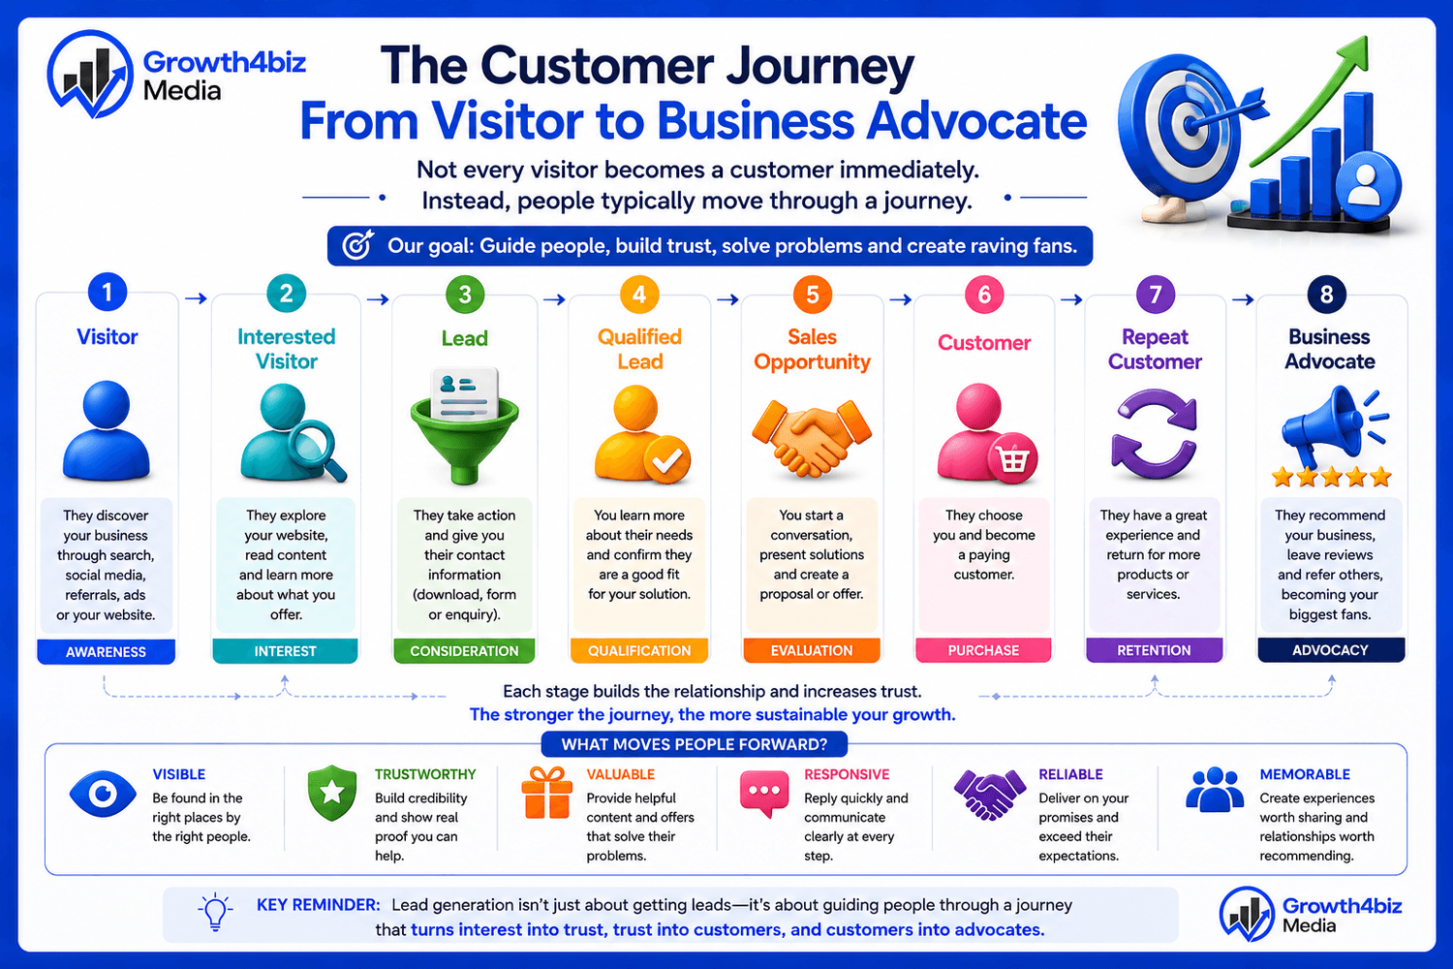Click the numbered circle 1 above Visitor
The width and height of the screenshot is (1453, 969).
coord(107,292)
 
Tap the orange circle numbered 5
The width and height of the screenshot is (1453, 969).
coord(812,295)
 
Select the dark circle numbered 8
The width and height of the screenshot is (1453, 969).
coord(1326,295)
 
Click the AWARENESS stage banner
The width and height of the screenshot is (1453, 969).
coord(106,651)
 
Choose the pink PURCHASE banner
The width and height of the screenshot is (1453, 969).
coord(983,650)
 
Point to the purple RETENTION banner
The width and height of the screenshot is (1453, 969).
coord(1154,650)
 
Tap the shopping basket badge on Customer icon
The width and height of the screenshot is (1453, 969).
coord(1012,459)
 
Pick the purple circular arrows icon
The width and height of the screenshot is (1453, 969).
coord(1154,433)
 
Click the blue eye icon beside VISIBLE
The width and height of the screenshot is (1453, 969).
coord(103,793)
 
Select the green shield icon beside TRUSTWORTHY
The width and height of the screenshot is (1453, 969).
coord(332,793)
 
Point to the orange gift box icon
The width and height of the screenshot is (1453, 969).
coord(547,793)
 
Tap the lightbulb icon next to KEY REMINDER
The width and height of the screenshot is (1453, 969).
coord(215,912)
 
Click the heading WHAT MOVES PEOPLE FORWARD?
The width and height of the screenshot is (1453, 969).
coord(695,744)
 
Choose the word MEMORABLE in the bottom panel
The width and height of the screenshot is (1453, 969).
coord(1305,774)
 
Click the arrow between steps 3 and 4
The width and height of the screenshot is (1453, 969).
coord(554,299)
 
